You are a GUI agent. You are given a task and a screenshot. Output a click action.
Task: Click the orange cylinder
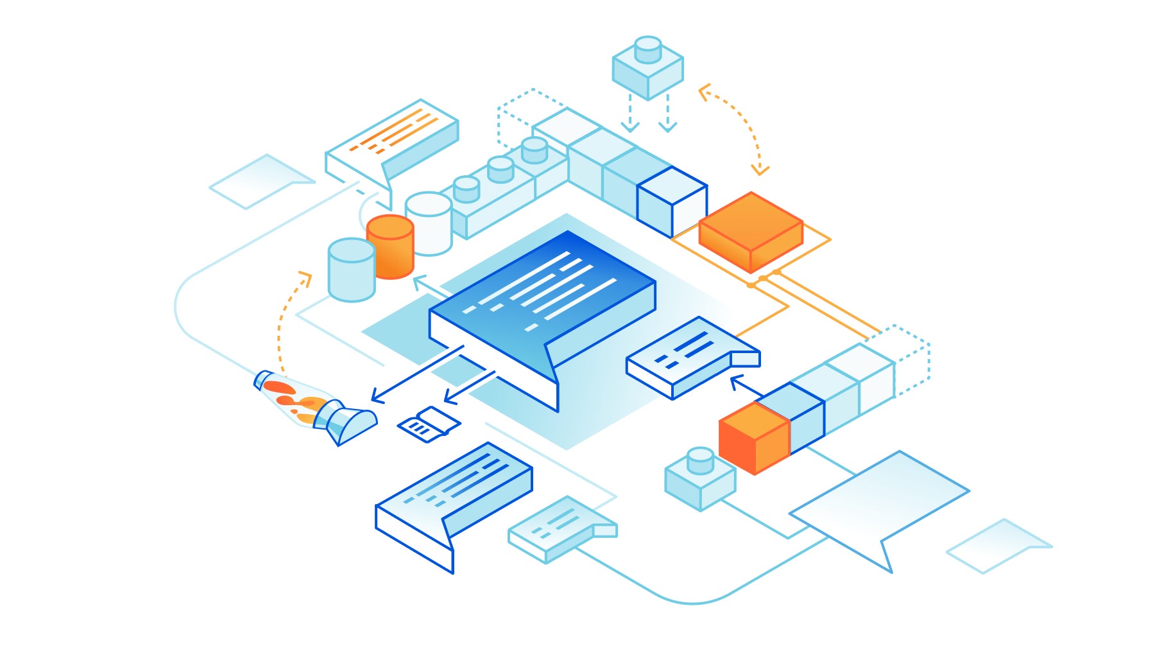[390, 247]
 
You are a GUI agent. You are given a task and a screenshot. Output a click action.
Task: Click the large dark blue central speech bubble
[542, 302]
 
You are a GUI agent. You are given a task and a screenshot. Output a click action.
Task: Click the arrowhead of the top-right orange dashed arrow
[760, 170]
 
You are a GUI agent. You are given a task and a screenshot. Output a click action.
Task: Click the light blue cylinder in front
[351, 270]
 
